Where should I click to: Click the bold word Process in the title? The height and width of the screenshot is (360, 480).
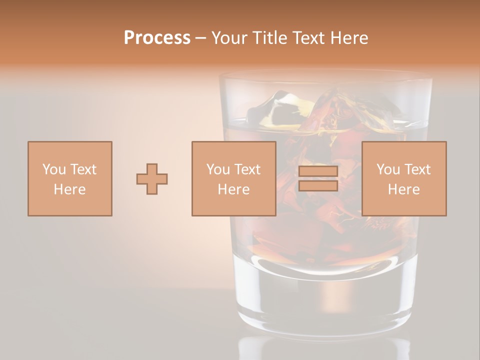(157, 38)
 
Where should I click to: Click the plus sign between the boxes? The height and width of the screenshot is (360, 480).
(152, 179)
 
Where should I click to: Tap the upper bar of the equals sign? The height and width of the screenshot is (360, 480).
(318, 171)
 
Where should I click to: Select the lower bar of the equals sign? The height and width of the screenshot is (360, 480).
(318, 186)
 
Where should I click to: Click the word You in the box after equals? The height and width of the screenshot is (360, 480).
(388, 169)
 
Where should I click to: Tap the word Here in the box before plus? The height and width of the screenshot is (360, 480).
(70, 189)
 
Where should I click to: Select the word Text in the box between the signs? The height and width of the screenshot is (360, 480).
(247, 169)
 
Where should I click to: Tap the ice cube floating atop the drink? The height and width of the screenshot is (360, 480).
(280, 107)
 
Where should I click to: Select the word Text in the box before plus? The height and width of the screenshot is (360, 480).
(83, 169)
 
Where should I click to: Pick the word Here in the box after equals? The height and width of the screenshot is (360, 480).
(404, 189)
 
